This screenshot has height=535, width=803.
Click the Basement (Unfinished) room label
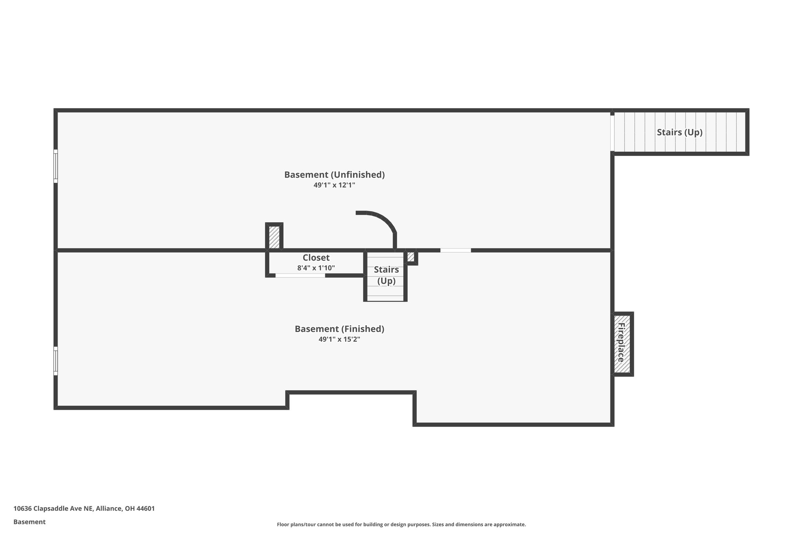(x=334, y=175)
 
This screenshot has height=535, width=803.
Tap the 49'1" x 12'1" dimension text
(x=334, y=185)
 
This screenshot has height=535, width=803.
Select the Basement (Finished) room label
(x=340, y=329)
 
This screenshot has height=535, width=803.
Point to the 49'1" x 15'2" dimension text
(x=340, y=339)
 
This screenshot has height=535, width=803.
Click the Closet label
(x=316, y=258)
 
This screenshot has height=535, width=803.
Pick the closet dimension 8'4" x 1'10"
(x=316, y=268)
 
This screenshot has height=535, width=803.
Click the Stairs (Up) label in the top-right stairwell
(x=679, y=132)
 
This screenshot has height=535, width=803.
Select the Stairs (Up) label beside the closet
(x=386, y=275)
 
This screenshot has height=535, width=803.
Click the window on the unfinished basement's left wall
(x=56, y=166)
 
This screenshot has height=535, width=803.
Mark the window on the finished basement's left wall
(x=56, y=361)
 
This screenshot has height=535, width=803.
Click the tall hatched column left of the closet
(x=274, y=237)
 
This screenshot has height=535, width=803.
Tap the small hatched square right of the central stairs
(x=411, y=257)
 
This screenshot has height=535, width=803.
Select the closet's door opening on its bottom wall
(x=300, y=276)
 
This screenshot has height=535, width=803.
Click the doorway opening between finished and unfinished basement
(x=455, y=250)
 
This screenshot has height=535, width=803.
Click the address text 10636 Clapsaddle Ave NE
(x=84, y=508)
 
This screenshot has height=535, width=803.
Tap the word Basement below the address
(x=29, y=522)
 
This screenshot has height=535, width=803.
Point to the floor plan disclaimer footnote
(x=401, y=524)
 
